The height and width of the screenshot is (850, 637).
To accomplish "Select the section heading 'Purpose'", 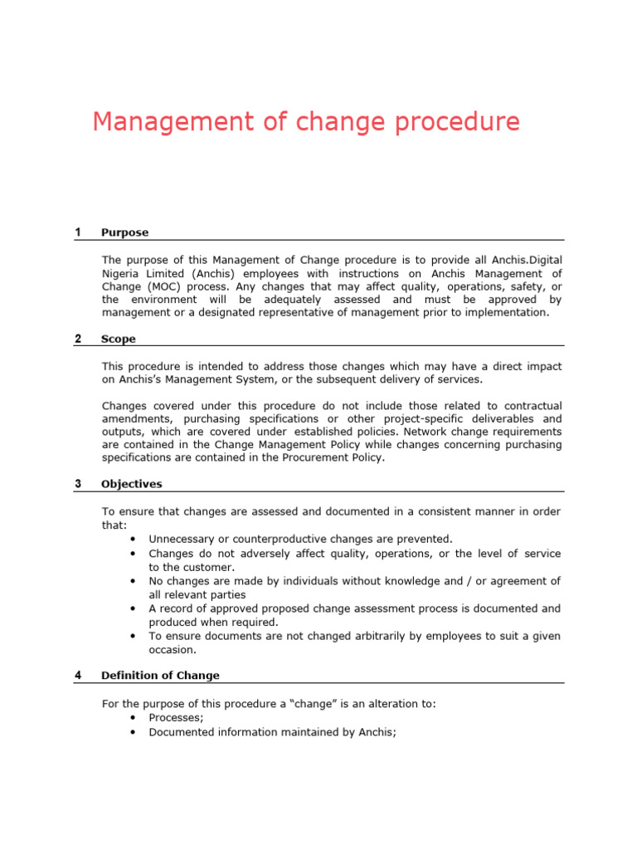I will point(124,232).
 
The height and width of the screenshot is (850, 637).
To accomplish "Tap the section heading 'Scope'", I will point(118,339).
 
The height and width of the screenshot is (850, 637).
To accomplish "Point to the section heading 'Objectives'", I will point(132,484).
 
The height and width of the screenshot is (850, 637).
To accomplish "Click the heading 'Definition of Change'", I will point(160,675).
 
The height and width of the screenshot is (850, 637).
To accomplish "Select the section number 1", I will point(78,232).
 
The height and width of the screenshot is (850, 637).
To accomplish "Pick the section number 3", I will point(78,484).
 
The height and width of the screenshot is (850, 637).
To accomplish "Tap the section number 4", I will point(78,675).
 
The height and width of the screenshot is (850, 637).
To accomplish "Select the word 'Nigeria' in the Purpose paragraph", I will point(123,273).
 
